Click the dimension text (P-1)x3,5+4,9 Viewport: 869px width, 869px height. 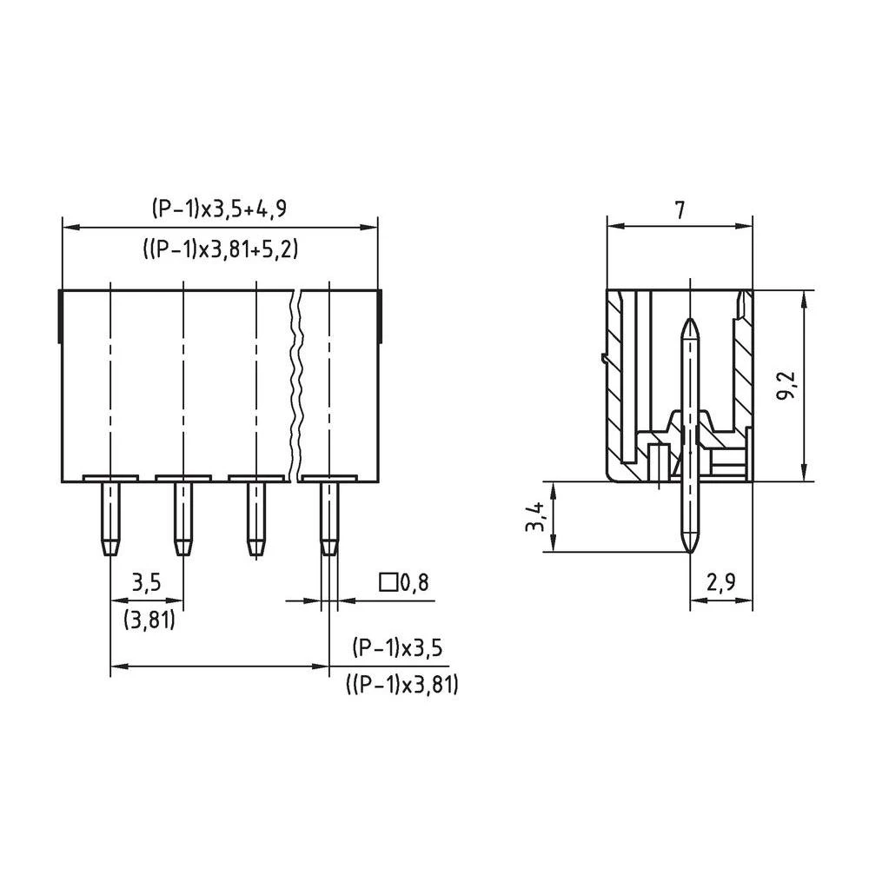[x=218, y=209]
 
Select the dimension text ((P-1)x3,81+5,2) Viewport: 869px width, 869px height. [x=220, y=249]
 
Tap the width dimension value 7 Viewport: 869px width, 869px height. [x=680, y=209]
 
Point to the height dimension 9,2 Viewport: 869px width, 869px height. [x=786, y=385]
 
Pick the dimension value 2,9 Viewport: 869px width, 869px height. [x=720, y=583]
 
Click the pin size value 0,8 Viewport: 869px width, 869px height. [x=414, y=582]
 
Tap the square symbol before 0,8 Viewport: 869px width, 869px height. [x=388, y=582]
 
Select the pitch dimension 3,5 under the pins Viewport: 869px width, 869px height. [x=146, y=583]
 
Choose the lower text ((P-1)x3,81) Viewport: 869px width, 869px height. [x=401, y=685]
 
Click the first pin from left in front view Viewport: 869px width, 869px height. [x=109, y=519]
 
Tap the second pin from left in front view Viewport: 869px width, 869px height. [x=182, y=519]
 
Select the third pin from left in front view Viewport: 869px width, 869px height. [x=255, y=519]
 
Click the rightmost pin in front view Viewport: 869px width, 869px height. [x=328, y=519]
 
